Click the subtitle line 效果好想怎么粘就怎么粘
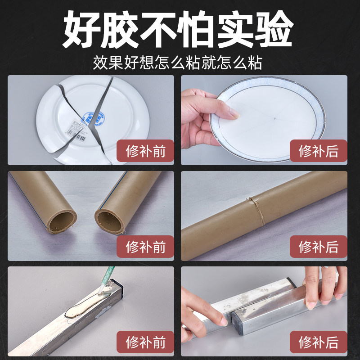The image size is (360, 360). pyautogui.click(x=180, y=62)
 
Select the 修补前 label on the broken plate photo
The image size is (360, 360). pyautogui.click(x=145, y=151)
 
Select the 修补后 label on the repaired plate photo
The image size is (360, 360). pyautogui.click(x=318, y=151)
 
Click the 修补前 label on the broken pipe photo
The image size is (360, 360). pyautogui.click(x=145, y=247)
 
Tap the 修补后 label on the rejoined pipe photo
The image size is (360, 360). pyautogui.click(x=318, y=247)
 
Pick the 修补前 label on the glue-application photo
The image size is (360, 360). pyautogui.click(x=145, y=342)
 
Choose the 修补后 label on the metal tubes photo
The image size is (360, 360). pyautogui.click(x=318, y=342)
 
